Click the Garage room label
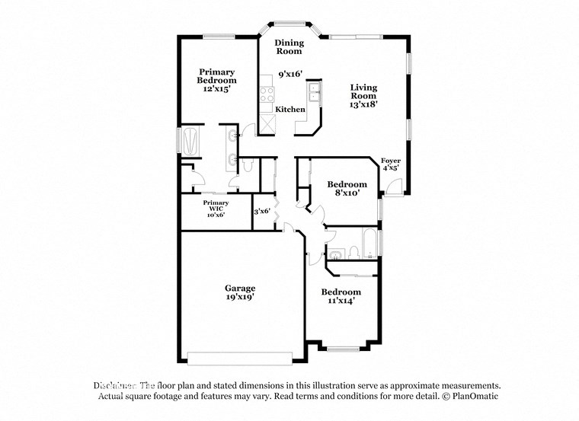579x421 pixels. click(x=239, y=289)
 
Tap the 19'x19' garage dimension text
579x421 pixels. click(x=239, y=298)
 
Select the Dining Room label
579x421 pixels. click(x=289, y=47)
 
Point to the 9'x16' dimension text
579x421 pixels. click(x=289, y=75)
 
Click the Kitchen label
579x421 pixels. click(x=290, y=110)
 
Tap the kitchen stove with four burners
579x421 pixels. click(x=267, y=95)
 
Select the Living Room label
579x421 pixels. click(x=363, y=92)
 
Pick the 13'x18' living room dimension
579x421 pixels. click(x=363, y=105)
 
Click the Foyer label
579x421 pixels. click(x=390, y=161)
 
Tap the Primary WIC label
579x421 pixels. click(x=216, y=203)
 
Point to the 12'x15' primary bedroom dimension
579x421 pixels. click(x=216, y=89)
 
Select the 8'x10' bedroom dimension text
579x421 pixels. click(x=347, y=194)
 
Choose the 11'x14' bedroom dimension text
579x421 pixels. click(x=341, y=301)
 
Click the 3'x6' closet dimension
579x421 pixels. click(x=262, y=211)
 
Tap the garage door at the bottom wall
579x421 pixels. click(x=240, y=358)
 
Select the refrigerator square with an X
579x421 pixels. click(x=267, y=125)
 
